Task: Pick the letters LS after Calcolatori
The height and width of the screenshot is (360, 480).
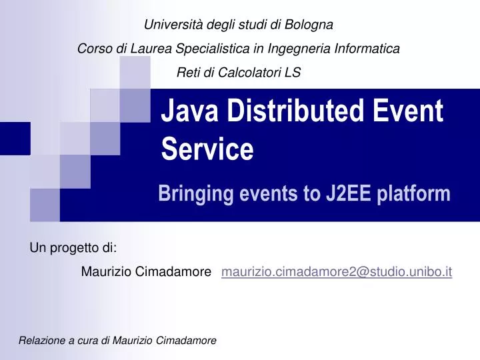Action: click(293, 73)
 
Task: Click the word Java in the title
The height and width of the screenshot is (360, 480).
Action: click(189, 110)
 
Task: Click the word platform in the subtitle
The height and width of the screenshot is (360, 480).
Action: click(415, 194)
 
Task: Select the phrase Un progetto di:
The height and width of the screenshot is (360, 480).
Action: click(73, 249)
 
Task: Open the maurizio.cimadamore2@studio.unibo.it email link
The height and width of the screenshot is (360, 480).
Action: click(337, 271)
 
